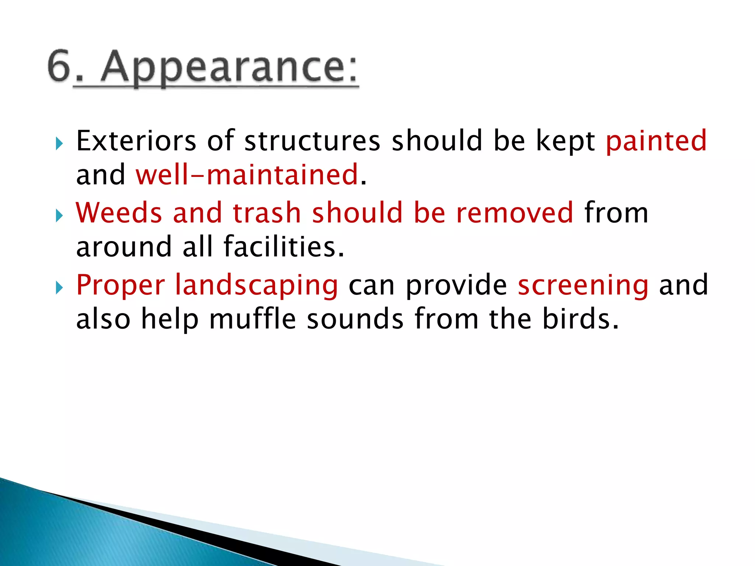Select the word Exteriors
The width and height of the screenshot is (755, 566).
tap(136, 141)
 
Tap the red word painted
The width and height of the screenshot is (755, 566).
tap(656, 142)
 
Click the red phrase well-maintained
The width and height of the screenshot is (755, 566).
tap(247, 175)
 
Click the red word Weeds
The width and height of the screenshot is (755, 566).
tap(119, 213)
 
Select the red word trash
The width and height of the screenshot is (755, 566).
tap(267, 213)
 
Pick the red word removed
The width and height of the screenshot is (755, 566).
tap(515, 213)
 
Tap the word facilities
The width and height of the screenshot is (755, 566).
tap(283, 247)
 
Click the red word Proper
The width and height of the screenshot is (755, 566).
tap(121, 286)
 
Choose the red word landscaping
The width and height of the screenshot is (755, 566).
tap(256, 286)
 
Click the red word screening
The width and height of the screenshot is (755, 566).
tap(583, 286)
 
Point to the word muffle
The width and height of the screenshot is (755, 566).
tap(253, 319)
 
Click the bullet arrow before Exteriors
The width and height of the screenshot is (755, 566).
tap(59, 144)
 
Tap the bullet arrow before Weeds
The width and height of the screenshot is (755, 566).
tap(59, 216)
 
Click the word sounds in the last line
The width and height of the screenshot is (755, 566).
tap(355, 319)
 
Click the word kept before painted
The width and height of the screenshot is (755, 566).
tap(565, 141)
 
